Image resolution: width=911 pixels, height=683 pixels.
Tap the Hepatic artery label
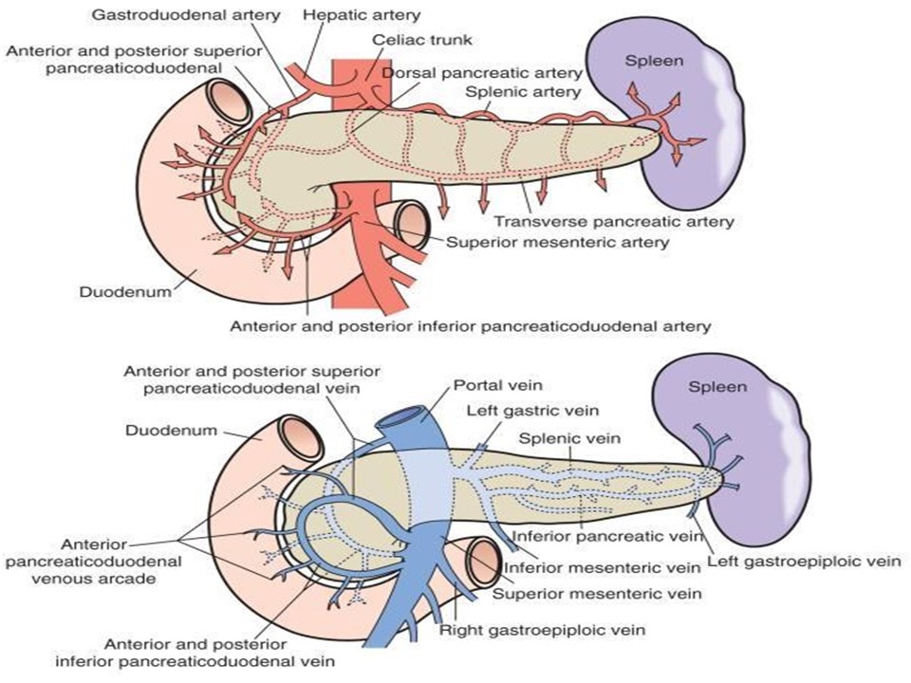coord(362,14)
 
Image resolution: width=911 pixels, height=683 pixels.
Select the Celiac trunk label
coord(422,40)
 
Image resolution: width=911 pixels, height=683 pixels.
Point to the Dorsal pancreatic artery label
coord(482,73)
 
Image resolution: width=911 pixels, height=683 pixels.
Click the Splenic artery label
coord(523,92)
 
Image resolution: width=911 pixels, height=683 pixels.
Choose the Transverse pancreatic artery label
coord(614,221)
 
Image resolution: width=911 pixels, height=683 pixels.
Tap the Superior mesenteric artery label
coord(558,242)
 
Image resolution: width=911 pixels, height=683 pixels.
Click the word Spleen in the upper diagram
coord(654,61)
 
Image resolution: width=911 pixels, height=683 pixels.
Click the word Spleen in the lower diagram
coord(717,387)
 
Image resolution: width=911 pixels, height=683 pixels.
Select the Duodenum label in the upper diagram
coord(125,291)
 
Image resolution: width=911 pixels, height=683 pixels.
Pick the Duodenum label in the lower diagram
coord(172,431)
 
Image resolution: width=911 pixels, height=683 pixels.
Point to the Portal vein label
coord(498,385)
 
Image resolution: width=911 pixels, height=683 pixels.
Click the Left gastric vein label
coord(532,411)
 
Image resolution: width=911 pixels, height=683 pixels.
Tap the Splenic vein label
coord(569,438)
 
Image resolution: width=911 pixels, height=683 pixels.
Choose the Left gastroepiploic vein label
coord(804,561)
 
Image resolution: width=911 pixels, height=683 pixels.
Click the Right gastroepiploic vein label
coord(542,630)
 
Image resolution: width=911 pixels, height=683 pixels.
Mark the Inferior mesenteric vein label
coord(602,567)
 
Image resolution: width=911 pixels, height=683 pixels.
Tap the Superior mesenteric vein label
coord(597,594)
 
